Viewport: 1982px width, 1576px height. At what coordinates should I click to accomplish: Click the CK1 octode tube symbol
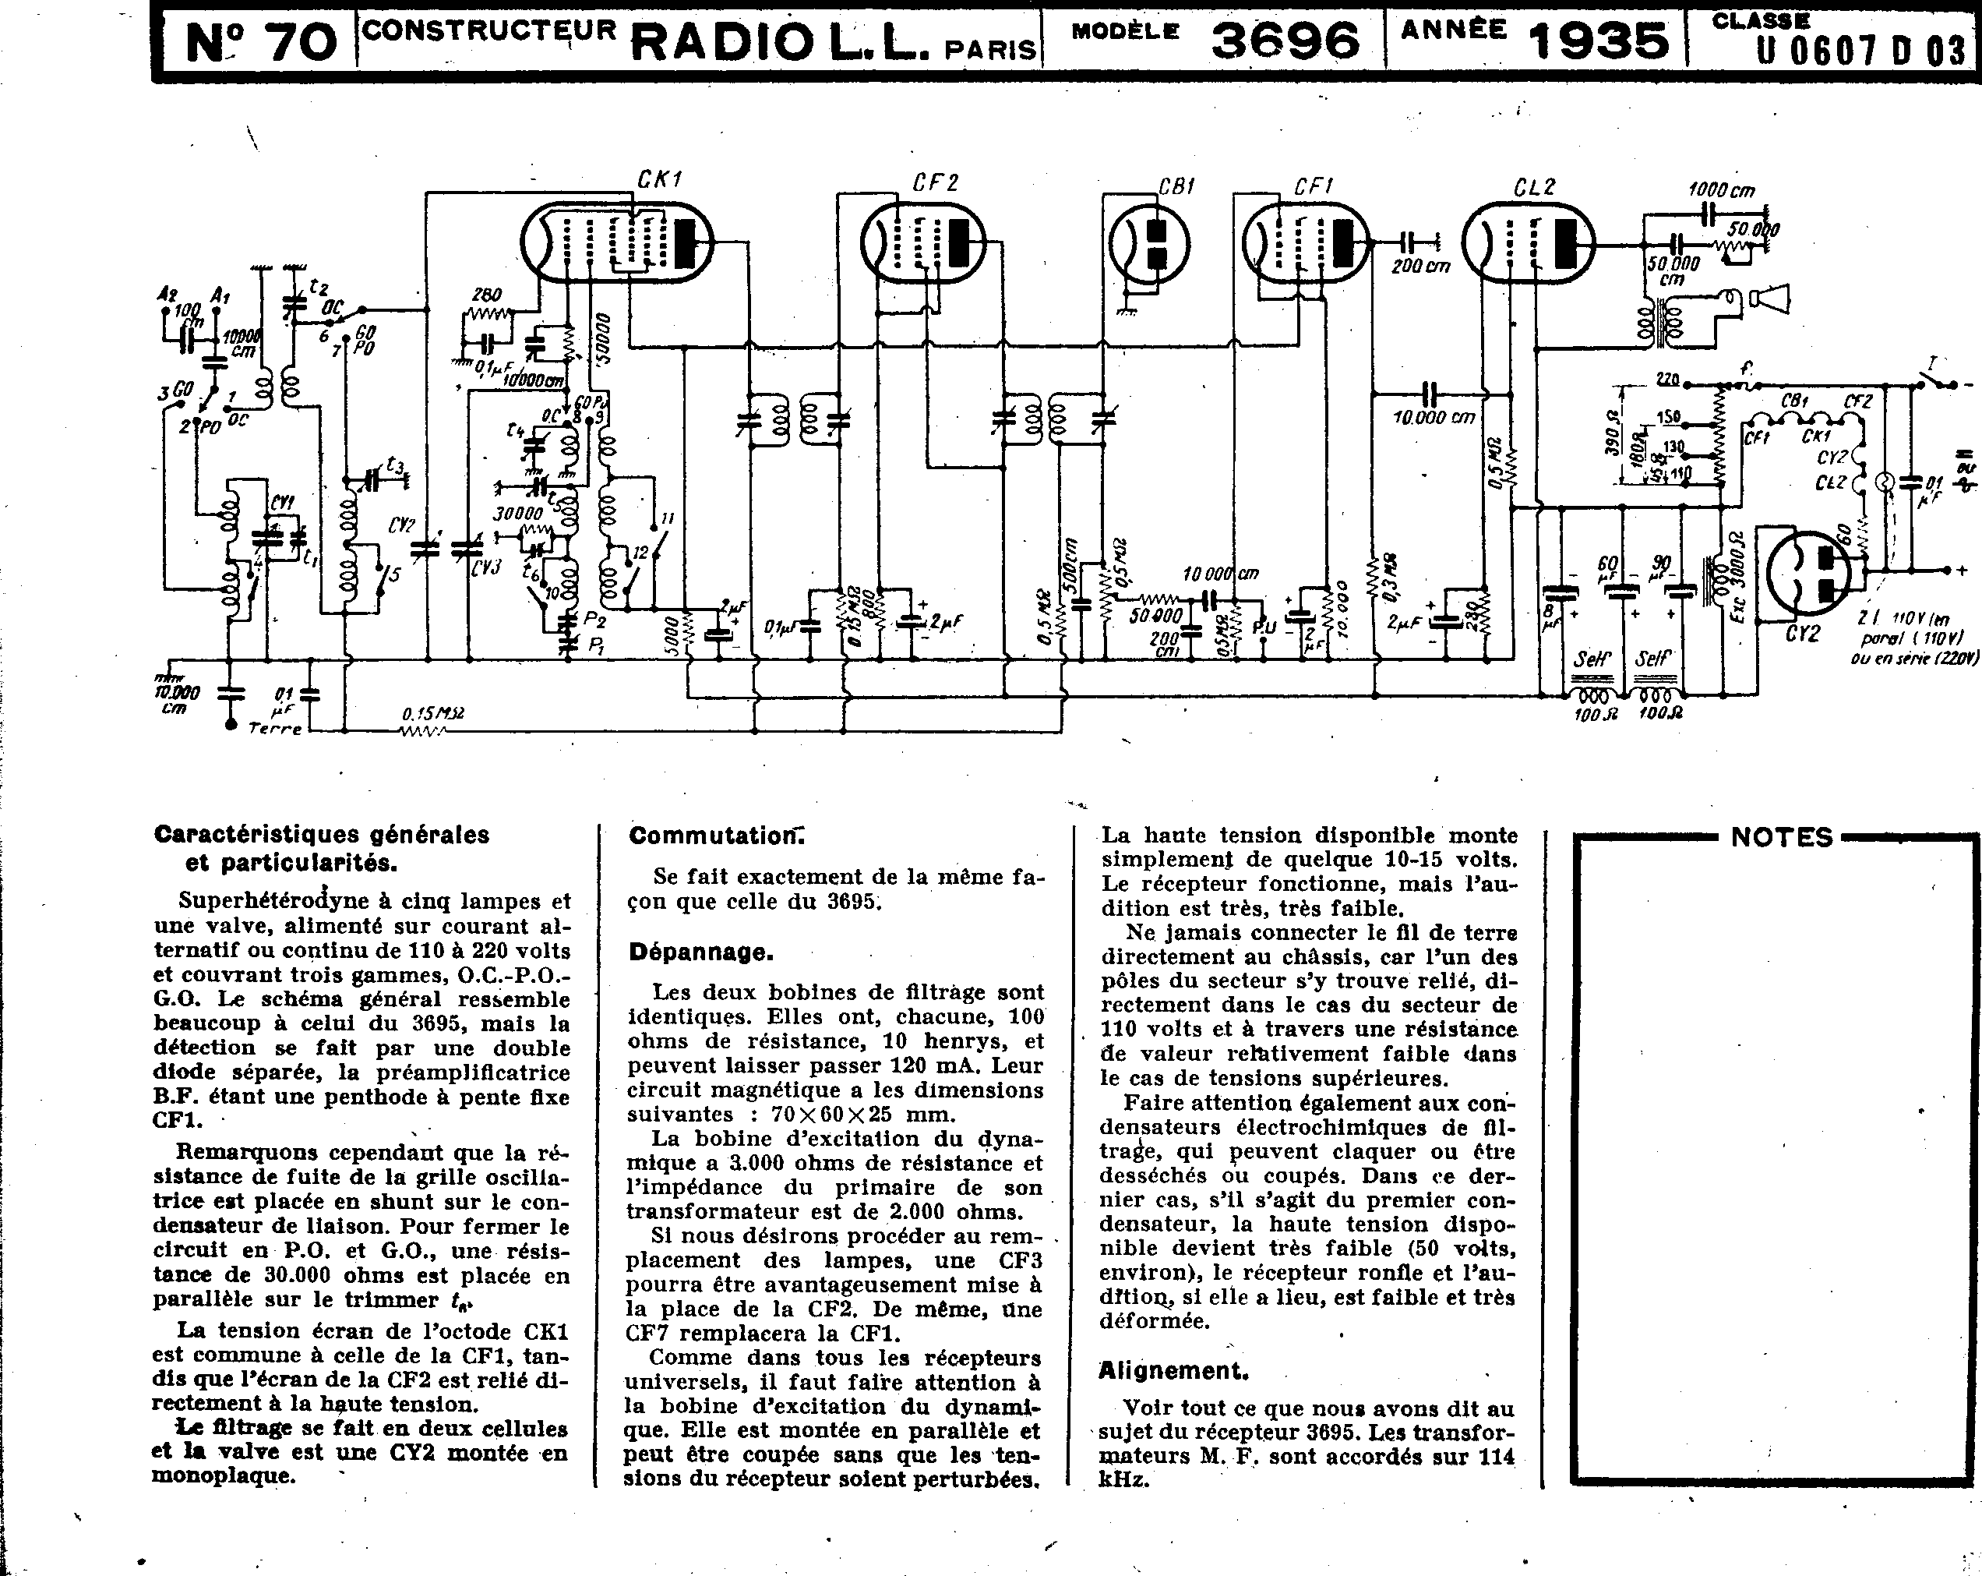tap(617, 241)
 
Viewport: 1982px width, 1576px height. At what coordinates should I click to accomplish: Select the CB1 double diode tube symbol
tap(1149, 244)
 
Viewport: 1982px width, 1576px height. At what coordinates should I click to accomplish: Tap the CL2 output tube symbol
tap(1527, 242)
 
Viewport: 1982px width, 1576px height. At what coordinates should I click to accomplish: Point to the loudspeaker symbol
tap(1769, 299)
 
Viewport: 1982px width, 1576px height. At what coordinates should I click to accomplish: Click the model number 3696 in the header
tap(1285, 41)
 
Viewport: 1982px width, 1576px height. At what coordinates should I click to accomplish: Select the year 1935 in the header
tap(1598, 41)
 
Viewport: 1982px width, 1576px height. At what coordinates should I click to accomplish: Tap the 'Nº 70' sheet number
tap(261, 42)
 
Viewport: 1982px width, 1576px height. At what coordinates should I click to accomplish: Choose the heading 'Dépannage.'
tap(701, 952)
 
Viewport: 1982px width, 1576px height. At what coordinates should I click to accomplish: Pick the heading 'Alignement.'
tap(1174, 1371)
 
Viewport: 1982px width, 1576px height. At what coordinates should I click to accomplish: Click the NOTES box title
tap(1782, 837)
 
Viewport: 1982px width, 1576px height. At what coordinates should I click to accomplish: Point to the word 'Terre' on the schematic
tap(275, 728)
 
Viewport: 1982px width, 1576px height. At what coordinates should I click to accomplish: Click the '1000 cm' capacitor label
tap(1721, 190)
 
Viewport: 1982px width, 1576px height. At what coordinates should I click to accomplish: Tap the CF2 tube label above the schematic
tap(935, 183)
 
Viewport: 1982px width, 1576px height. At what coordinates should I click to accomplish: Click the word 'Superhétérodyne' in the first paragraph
tap(255, 901)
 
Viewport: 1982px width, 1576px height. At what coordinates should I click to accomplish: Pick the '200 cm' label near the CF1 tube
tap(1420, 266)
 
